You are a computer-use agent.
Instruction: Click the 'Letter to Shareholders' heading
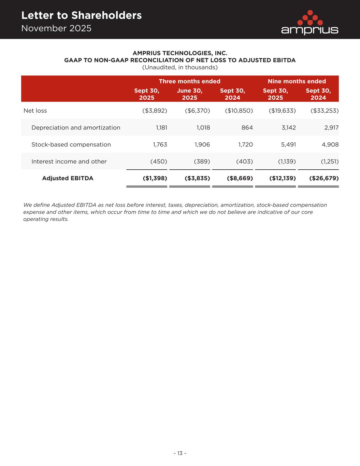click(81, 15)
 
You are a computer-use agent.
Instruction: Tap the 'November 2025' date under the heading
click(56, 28)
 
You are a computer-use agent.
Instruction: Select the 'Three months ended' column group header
click(189, 81)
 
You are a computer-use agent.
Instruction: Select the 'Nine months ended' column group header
click(297, 81)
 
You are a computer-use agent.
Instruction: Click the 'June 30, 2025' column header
click(189, 94)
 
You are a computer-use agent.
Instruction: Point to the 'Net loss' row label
click(35, 111)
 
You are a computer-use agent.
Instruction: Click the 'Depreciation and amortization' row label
click(76, 128)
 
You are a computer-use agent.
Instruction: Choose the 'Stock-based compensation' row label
click(71, 144)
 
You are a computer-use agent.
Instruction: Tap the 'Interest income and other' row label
click(69, 161)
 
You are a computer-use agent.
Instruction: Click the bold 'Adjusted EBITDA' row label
click(68, 178)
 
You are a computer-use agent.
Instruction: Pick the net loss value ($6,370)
click(197, 111)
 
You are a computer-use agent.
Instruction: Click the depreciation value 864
click(247, 128)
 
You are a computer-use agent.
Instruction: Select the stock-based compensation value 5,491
click(288, 144)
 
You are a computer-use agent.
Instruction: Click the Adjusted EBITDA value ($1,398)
click(155, 178)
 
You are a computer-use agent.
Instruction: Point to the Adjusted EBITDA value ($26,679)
click(324, 178)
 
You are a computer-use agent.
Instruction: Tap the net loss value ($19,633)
click(282, 111)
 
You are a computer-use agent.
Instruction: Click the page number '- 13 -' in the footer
click(180, 453)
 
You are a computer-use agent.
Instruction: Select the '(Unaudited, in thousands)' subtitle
click(180, 67)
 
